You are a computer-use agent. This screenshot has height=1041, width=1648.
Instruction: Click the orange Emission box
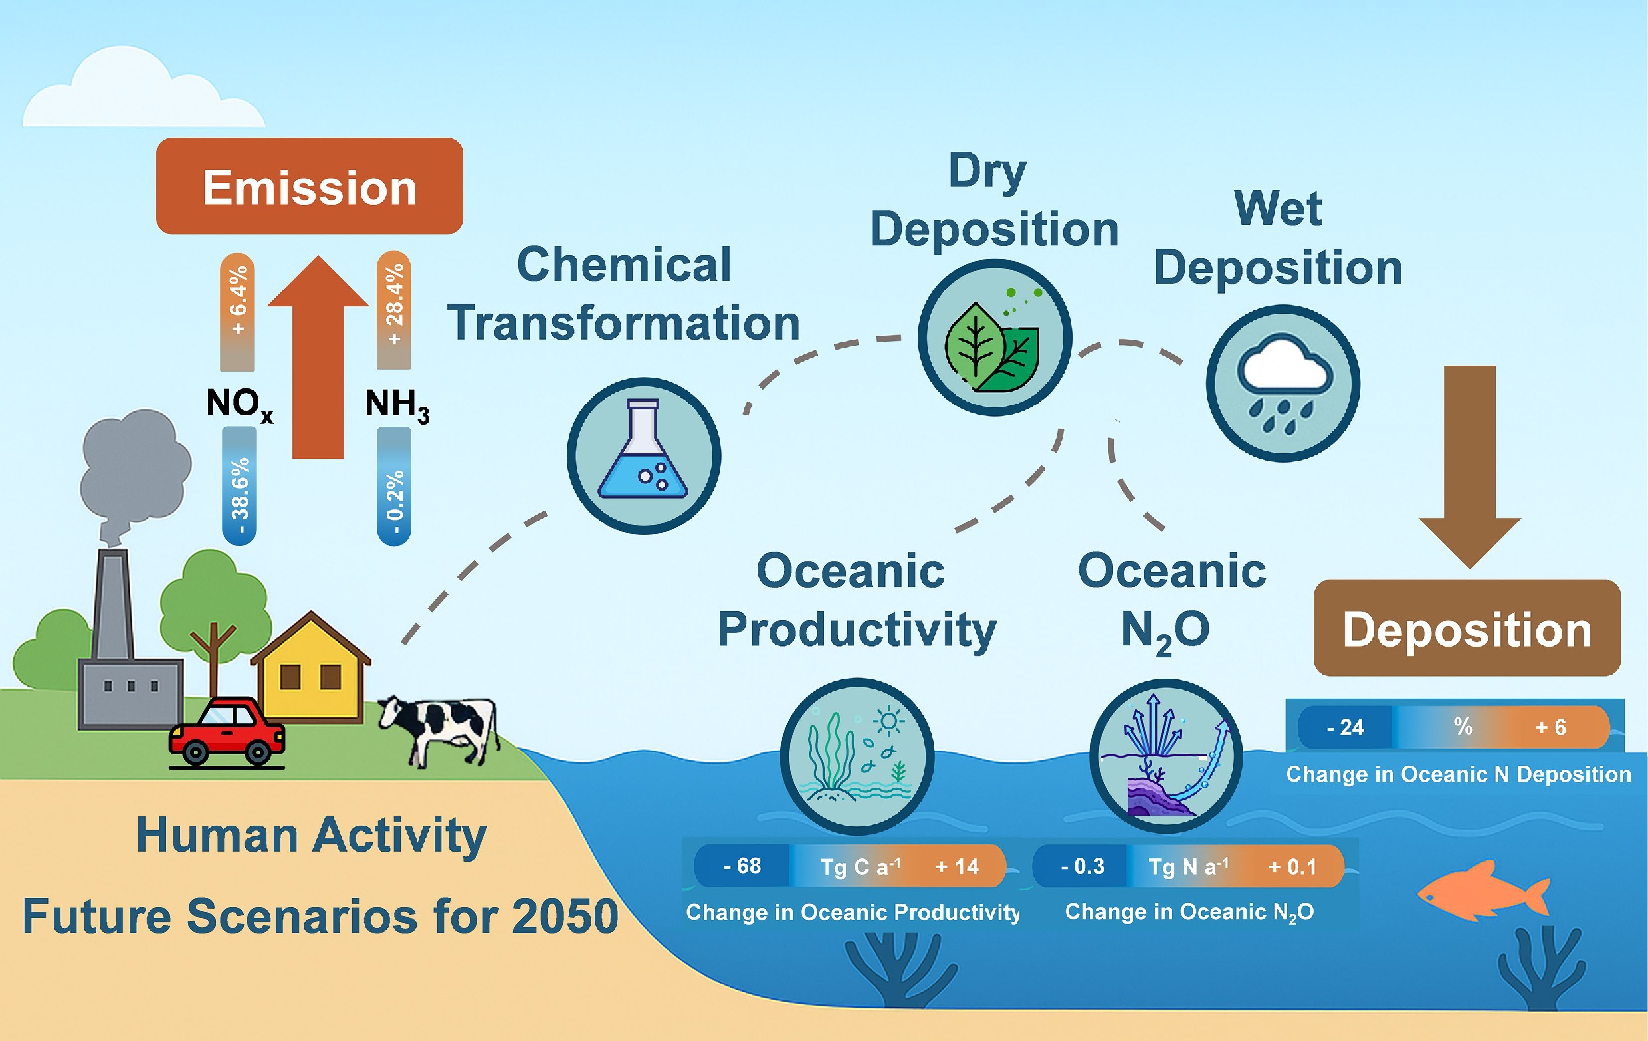[310, 186]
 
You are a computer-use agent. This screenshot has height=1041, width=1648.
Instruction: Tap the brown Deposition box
[1467, 628]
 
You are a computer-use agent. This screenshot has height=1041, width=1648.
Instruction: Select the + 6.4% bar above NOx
[237, 312]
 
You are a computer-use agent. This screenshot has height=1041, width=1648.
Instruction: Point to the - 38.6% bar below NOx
[239, 487]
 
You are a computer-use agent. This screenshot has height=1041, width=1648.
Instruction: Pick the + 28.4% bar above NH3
[394, 310]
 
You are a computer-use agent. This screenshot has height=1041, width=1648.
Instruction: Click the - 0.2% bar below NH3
[394, 487]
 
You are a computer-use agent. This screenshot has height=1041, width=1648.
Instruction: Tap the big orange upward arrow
[318, 356]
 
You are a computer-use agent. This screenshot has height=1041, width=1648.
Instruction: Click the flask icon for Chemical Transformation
[643, 455]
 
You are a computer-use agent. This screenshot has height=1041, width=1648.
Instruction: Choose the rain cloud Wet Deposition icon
[1283, 384]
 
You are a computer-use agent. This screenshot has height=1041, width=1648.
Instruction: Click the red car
[227, 732]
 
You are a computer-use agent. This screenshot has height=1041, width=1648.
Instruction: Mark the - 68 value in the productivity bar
[742, 866]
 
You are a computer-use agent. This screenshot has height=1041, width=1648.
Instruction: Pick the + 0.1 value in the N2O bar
[1291, 867]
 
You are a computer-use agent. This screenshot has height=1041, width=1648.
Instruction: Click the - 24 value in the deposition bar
[1345, 727]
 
